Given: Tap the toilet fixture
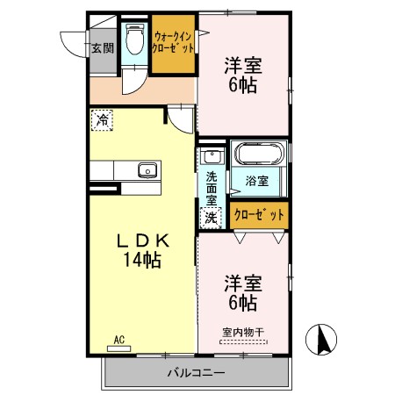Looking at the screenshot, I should [x=135, y=39].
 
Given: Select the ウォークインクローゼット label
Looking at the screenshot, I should [x=172, y=43].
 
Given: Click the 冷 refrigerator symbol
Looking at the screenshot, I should [x=103, y=120].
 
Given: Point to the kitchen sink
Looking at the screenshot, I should [x=146, y=170].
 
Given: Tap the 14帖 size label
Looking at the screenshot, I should [x=140, y=260].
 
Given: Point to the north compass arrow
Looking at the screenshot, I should [x=321, y=339].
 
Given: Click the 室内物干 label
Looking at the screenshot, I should [x=243, y=331].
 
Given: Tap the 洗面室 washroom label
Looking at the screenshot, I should [x=212, y=187].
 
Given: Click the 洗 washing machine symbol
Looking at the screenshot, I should [x=212, y=217].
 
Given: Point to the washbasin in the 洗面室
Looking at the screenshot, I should [x=211, y=158].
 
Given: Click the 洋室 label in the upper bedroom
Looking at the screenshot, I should [x=243, y=66].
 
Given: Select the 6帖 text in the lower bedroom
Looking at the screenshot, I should [x=243, y=303].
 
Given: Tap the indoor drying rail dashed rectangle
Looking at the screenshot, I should [x=243, y=342].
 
